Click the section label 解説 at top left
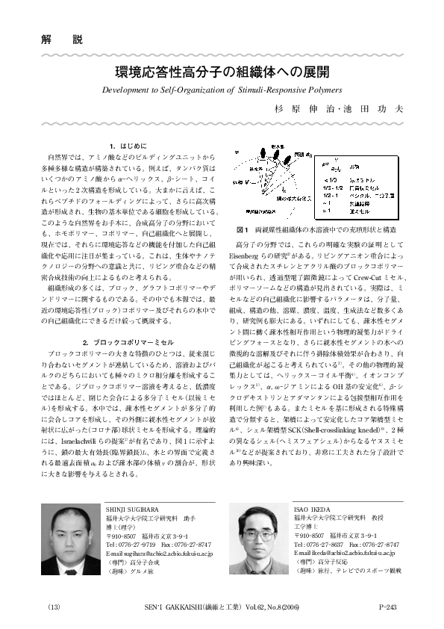tap(51, 39)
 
